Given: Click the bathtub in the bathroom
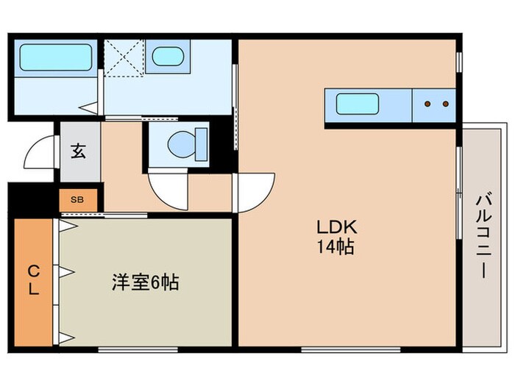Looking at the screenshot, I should point(55,56).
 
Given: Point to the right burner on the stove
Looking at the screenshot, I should point(444,104).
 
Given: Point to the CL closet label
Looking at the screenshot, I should point(33,279).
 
